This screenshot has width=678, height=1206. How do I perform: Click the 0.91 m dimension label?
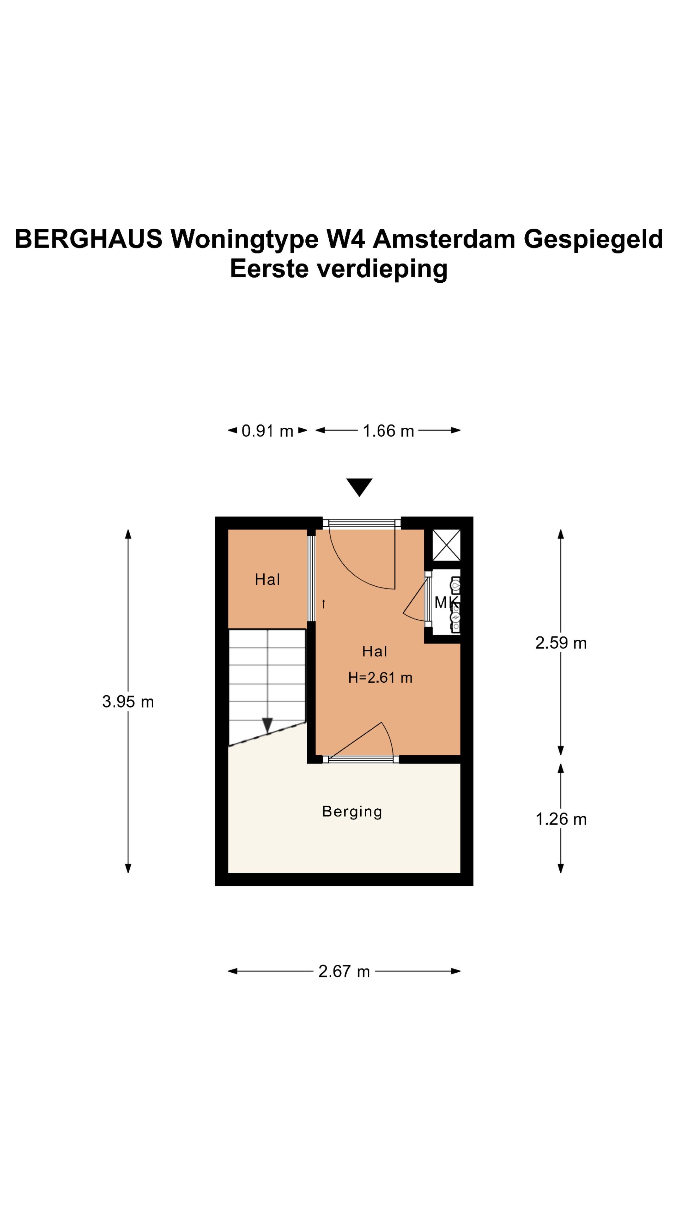click(267, 431)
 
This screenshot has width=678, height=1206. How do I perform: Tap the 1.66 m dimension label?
click(388, 431)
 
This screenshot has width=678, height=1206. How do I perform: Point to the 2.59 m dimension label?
click(561, 643)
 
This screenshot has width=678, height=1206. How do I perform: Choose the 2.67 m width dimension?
click(344, 971)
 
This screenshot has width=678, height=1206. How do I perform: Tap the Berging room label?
click(352, 811)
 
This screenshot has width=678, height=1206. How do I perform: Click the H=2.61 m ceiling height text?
click(380, 677)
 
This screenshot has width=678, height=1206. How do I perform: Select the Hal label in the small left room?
click(267, 579)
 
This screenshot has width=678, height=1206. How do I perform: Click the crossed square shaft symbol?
click(446, 545)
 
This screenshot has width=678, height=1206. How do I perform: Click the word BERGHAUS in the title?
click(89, 239)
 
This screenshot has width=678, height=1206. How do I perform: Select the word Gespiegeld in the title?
click(593, 239)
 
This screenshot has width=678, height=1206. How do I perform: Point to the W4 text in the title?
click(345, 239)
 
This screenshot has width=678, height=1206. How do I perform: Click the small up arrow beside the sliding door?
click(323, 604)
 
